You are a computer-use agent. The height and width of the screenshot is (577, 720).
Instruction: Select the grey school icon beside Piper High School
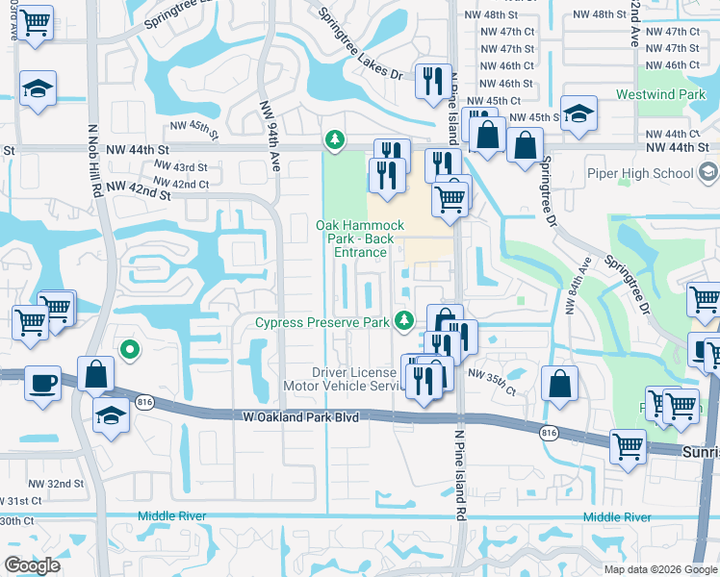(709, 173)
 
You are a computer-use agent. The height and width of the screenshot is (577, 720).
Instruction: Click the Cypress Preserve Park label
(322, 323)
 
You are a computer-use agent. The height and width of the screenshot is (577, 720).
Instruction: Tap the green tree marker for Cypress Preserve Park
(407, 320)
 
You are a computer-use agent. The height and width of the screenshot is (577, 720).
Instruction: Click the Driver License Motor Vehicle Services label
(354, 379)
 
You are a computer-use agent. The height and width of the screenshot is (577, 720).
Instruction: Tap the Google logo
(32, 565)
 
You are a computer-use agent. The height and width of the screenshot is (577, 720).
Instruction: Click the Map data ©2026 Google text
(660, 569)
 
